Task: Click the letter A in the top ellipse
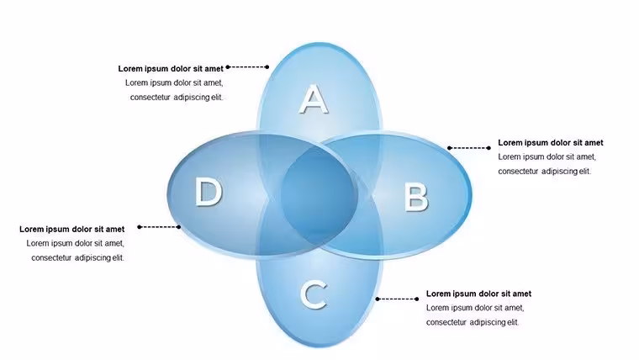coord(314,99)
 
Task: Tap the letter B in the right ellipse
coord(416,198)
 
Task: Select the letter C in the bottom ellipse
coord(314,294)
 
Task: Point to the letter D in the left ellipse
coord(209,192)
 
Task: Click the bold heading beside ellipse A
coord(171,68)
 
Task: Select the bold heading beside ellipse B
coord(551,143)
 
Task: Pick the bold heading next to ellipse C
coord(479,294)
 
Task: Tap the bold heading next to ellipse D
coord(72,229)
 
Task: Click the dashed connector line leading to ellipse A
coord(247,66)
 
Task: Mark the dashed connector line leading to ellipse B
coord(469,148)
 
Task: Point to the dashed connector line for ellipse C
coord(397,299)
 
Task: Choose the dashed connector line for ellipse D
coord(159,226)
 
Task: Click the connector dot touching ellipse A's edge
coord(267,66)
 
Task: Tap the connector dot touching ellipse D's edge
coord(179,226)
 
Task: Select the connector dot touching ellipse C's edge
coord(378,299)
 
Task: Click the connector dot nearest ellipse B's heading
coord(489,148)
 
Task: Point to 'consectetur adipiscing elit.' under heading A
coord(177,98)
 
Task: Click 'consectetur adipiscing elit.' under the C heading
coord(473,322)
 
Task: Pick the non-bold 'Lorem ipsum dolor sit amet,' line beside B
coord(547,157)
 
